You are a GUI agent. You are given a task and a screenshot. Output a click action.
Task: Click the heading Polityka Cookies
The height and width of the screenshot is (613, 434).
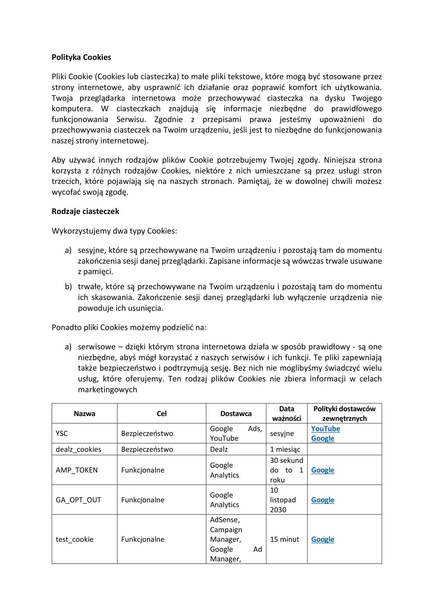pos(81,57)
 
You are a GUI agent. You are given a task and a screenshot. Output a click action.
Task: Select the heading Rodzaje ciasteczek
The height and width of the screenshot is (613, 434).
pos(85,211)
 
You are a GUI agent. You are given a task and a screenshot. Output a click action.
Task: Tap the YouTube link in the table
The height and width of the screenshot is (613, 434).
pos(325,429)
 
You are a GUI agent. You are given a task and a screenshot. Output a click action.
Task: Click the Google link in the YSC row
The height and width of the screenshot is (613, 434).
pos(322,438)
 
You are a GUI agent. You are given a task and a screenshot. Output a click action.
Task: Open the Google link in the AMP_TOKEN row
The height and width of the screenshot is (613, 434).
pos(322,470)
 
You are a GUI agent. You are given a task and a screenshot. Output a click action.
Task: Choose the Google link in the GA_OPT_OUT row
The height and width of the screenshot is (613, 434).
pos(322,500)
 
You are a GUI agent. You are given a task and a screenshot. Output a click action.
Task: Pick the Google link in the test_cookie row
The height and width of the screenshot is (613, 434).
pos(322,539)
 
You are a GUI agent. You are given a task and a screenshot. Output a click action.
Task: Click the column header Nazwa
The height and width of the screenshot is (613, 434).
pos(84,413)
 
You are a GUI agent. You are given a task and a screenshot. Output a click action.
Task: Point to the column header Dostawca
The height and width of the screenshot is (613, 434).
pos(236,413)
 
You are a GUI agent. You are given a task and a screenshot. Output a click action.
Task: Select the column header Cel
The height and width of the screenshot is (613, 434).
pos(162,413)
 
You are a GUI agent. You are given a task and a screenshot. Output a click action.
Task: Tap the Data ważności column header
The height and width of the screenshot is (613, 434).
pos(286,413)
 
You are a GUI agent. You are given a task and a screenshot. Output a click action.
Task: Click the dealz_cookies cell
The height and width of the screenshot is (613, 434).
pos(78,449)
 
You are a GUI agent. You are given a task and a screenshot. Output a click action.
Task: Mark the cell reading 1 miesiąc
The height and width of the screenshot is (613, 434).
pos(285,449)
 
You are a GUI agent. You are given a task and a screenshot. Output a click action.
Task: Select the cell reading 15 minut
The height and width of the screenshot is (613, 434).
pos(284,539)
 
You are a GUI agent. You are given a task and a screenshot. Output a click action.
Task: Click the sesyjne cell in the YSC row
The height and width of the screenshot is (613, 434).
pos(282,433)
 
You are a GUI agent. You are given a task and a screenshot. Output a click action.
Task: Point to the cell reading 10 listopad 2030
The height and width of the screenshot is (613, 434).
pos(283,500)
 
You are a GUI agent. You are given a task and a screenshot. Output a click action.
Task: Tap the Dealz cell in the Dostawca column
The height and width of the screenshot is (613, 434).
pos(219,449)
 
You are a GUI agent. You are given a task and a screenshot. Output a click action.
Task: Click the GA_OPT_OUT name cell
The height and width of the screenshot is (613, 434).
pos(78,500)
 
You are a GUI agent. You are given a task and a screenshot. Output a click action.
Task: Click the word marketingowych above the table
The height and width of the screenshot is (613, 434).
pos(107,390)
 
